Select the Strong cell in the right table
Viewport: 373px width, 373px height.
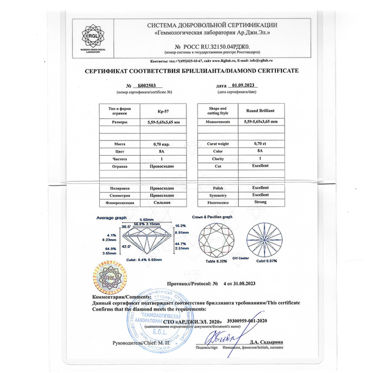(x=260, y=203)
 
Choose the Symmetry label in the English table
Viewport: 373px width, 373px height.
(x=219, y=195)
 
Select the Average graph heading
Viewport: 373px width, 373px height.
(x=112, y=218)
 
